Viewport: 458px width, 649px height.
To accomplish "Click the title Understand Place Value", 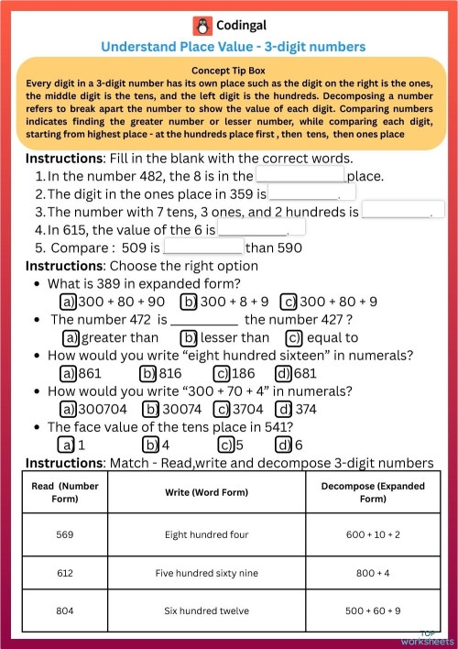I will coord(233,47).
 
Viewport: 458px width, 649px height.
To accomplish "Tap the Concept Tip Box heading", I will coord(229,71).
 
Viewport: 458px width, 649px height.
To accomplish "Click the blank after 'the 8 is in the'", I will coord(300,176).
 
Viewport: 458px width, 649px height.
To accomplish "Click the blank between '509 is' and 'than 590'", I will coord(203,247).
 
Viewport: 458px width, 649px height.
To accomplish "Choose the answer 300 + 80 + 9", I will coord(331,302).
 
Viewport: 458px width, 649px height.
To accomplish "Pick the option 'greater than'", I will coord(112,337).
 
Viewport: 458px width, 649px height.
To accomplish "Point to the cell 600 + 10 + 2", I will coord(367,534).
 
